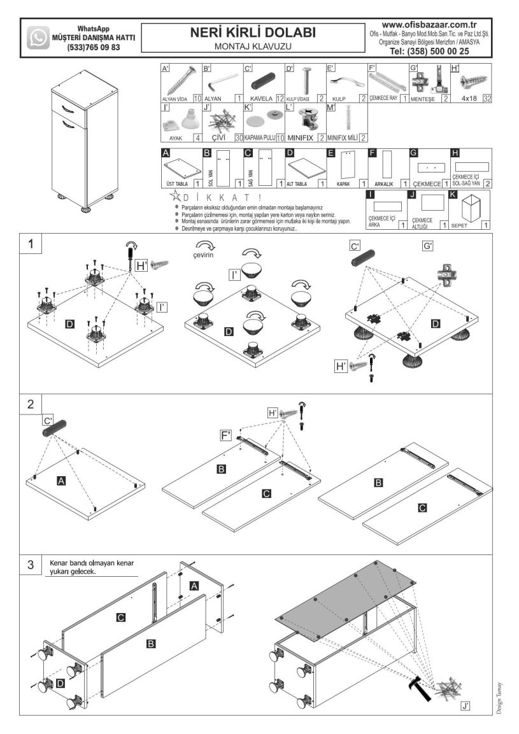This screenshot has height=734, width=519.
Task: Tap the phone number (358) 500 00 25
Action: [x=429, y=51]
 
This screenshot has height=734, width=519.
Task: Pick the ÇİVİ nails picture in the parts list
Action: [x=220, y=121]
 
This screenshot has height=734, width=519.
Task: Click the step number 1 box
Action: [x=31, y=244]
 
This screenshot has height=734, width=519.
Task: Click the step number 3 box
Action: [x=31, y=565]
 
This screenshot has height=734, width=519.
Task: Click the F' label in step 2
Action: [x=225, y=435]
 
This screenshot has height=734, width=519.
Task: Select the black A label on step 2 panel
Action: [x=61, y=481]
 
